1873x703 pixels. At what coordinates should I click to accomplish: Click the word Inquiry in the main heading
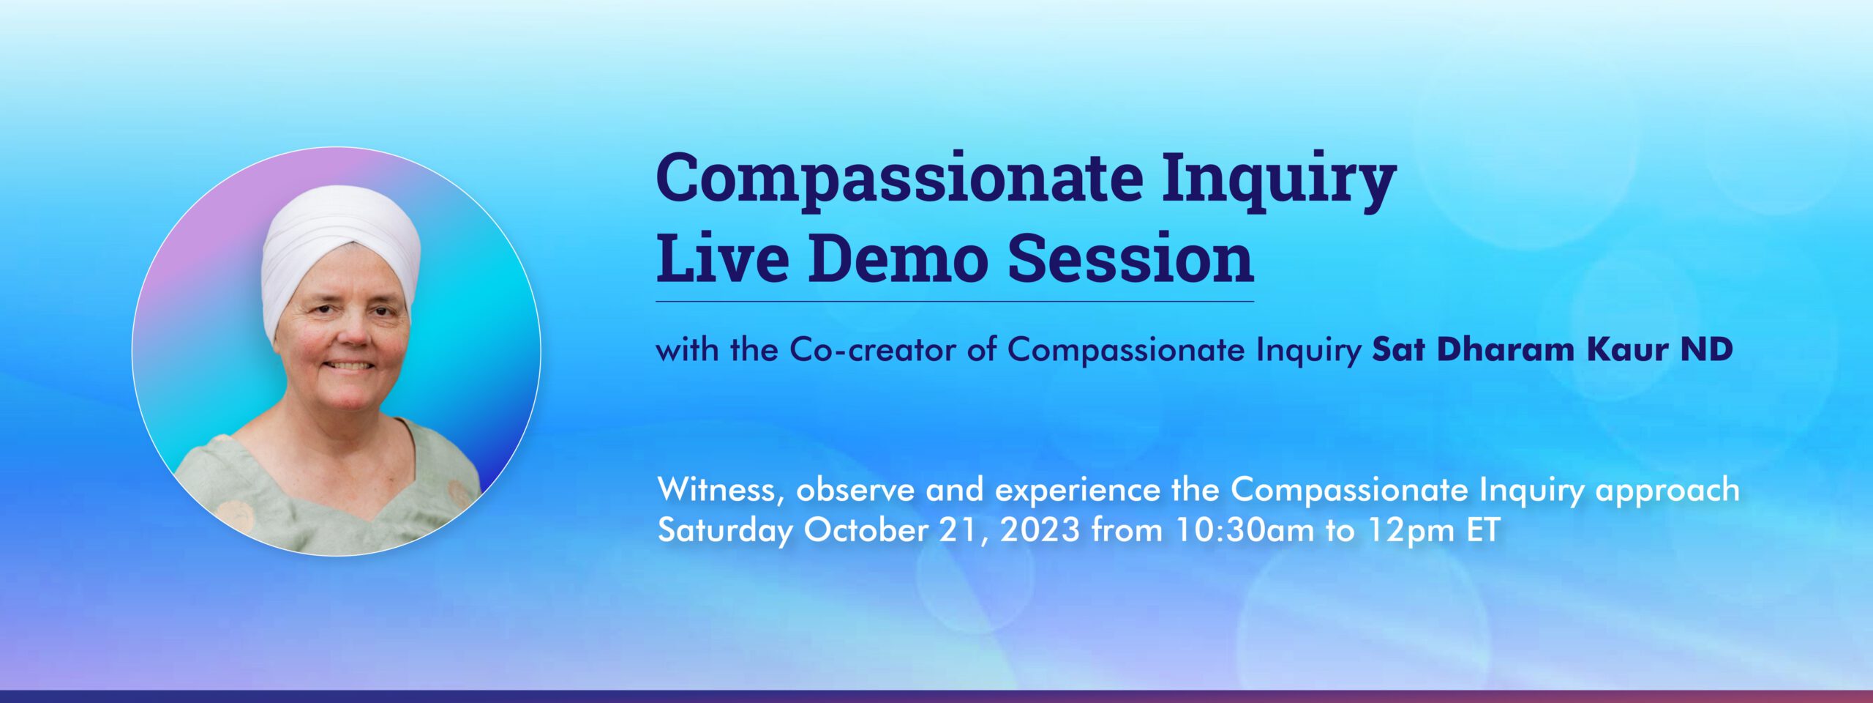click(x=1279, y=182)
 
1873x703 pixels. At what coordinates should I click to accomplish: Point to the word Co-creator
click(x=873, y=349)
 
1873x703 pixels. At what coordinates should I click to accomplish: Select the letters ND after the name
click(x=1707, y=349)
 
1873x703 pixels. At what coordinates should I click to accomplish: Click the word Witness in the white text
click(x=721, y=489)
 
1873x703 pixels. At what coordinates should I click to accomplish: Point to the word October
click(x=866, y=529)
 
